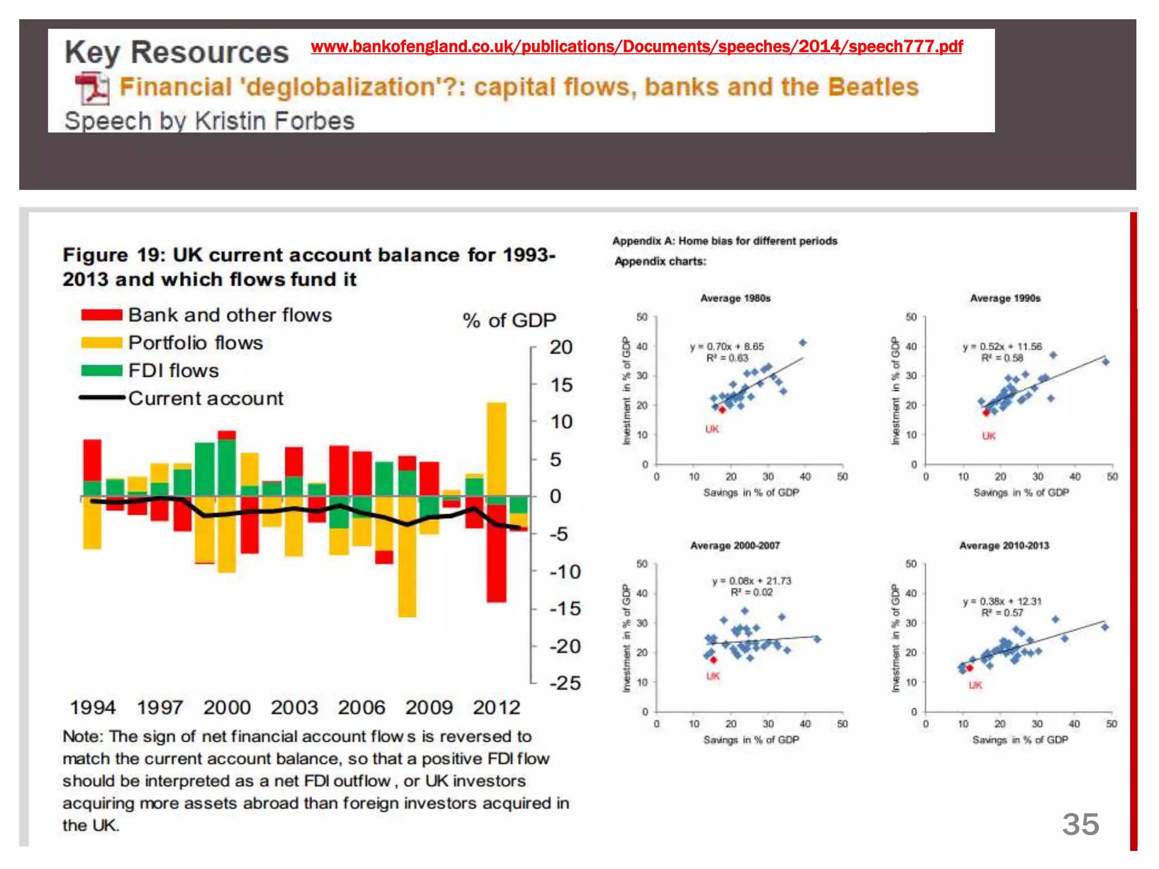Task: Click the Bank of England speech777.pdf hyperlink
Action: [x=636, y=46]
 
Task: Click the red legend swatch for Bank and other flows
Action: [x=102, y=315]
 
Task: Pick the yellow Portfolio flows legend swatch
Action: [x=102, y=343]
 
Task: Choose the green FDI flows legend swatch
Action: [x=102, y=371]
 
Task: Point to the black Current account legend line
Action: [x=102, y=398]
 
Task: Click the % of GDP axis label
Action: [x=509, y=321]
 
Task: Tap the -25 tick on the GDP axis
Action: [x=565, y=683]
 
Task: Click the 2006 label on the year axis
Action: [x=361, y=708]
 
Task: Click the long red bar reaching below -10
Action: [x=496, y=560]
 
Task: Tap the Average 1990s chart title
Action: [x=1005, y=298]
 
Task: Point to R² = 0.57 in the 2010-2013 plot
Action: [x=1002, y=613]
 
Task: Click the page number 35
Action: [x=1080, y=824]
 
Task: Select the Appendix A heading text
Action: [x=724, y=241]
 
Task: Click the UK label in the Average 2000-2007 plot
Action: [x=712, y=676]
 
